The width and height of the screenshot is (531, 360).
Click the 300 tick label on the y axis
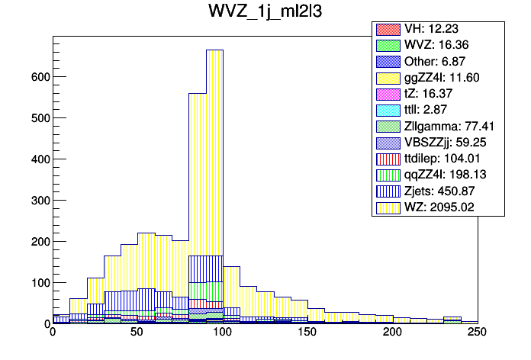pos(40,201)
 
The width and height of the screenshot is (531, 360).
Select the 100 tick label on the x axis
pos(222,333)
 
